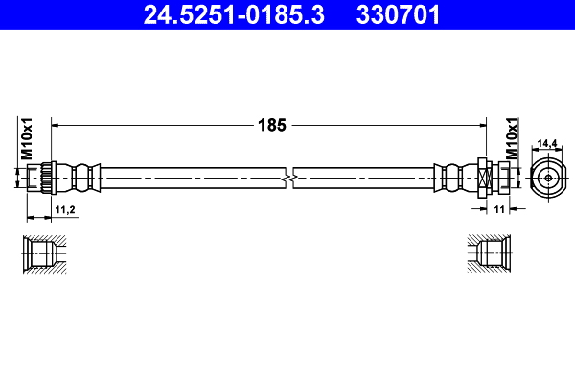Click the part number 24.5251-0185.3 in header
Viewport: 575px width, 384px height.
(x=222, y=14)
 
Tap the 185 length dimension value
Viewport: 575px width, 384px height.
(x=271, y=124)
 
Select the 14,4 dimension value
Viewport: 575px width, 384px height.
(x=546, y=143)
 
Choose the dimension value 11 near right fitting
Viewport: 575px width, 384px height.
(x=499, y=207)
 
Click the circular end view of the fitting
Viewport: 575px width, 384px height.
(x=546, y=178)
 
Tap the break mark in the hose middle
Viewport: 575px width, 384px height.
(x=289, y=178)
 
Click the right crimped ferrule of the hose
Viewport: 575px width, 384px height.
(x=448, y=178)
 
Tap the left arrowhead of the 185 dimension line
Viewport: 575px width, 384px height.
(x=56, y=125)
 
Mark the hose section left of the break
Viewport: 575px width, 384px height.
(x=192, y=178)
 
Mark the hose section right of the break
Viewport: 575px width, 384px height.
(x=364, y=178)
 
